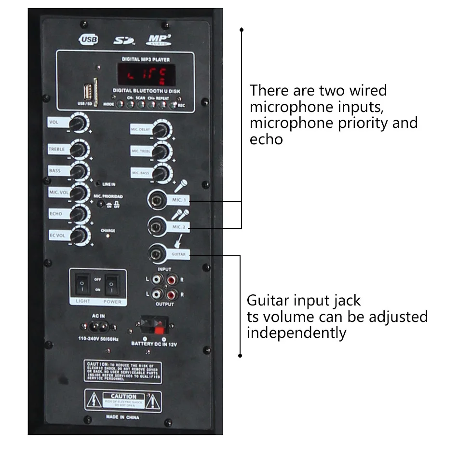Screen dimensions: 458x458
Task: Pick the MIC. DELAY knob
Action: tap(161, 129)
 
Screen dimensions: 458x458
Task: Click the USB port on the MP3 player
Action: tap(88, 92)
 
